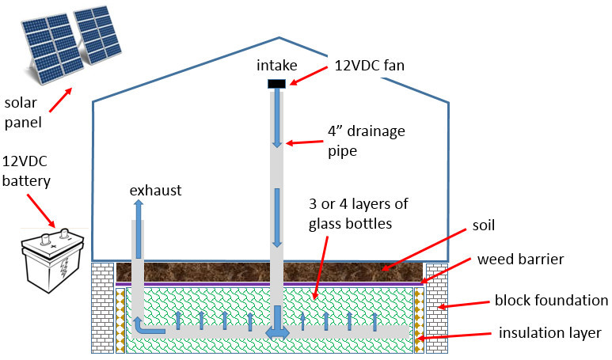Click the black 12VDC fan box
click(276, 84)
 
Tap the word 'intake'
click(276, 66)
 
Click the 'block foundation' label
click(550, 301)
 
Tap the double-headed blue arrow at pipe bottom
click(276, 332)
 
